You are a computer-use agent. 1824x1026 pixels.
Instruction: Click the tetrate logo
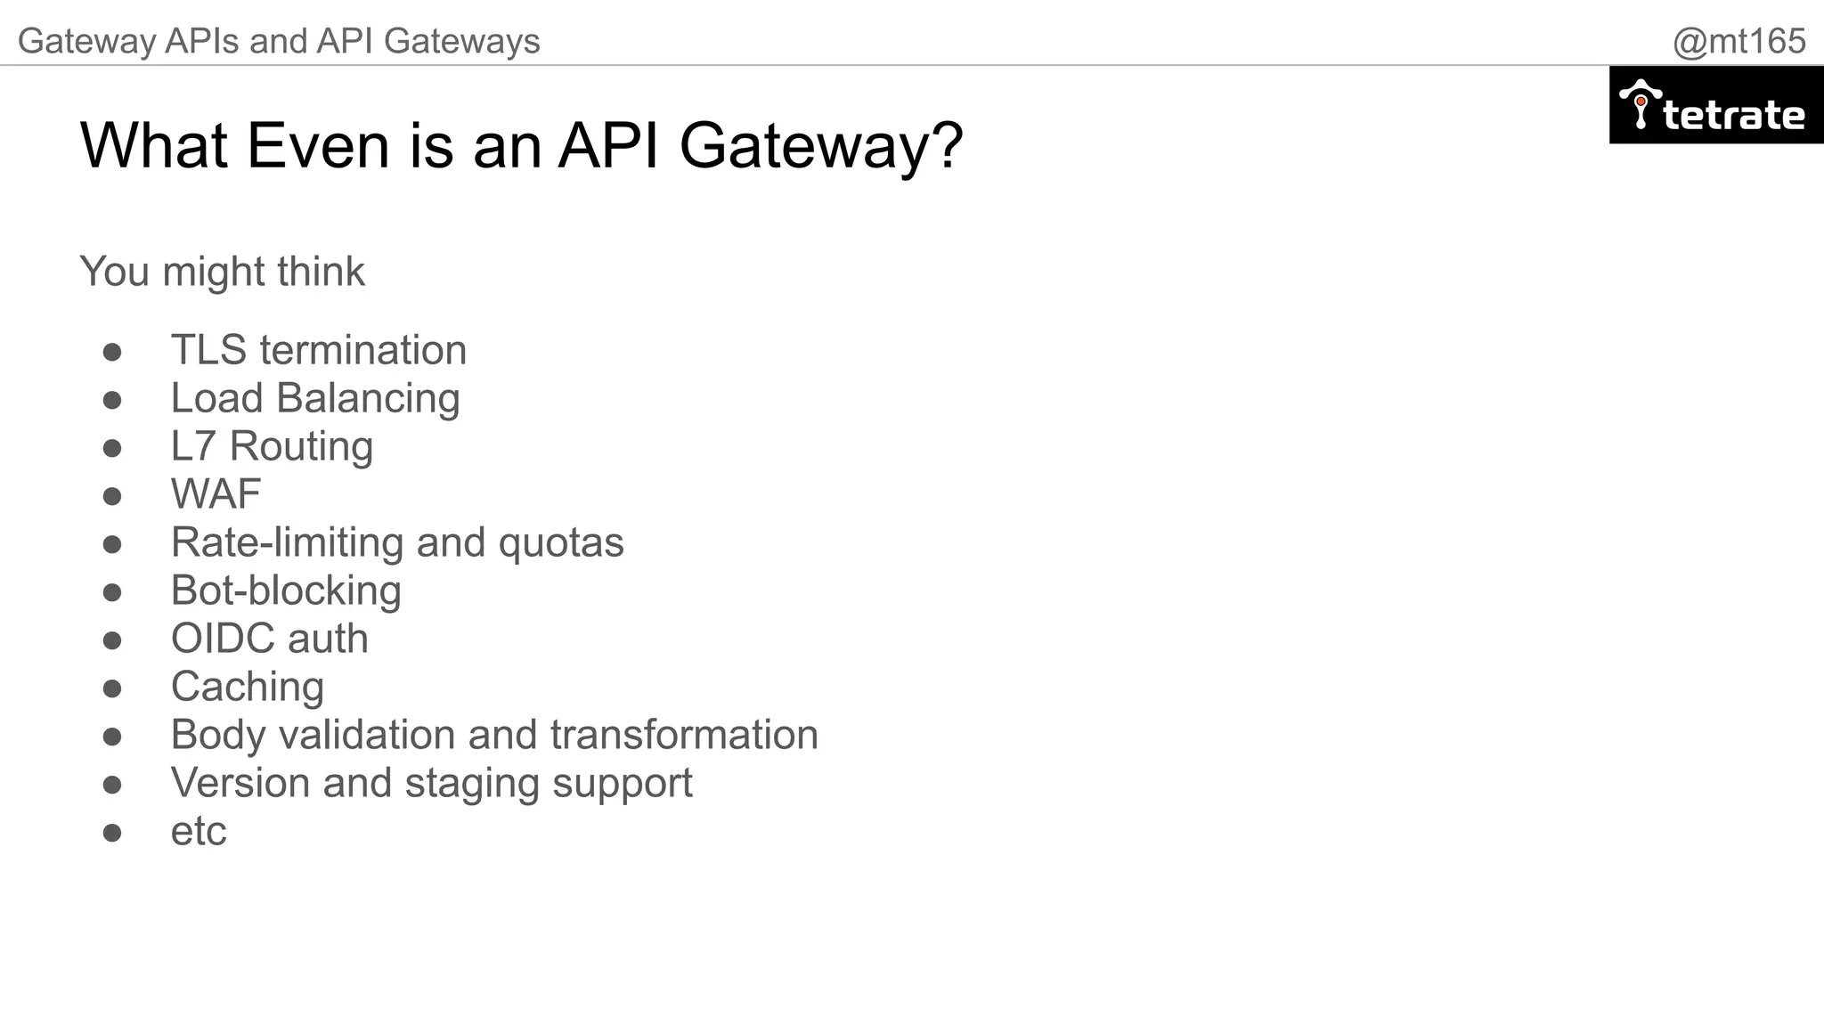[x=1715, y=106]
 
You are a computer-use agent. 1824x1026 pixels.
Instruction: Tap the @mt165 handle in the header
[x=1738, y=41]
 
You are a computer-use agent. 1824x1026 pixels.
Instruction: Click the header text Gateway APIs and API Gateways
[x=279, y=41]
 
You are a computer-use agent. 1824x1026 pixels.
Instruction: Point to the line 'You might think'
[x=222, y=272]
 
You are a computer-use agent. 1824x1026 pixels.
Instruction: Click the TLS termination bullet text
[x=318, y=350]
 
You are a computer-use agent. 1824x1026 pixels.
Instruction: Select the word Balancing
[x=368, y=398]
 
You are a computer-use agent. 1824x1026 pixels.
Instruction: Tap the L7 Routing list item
[x=272, y=446]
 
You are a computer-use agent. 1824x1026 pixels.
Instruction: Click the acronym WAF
[x=216, y=494]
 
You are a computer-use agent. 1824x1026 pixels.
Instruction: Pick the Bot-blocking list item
[x=286, y=590]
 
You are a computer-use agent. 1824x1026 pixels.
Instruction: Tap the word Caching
[x=248, y=687]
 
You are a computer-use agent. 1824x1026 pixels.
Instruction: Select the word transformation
[x=684, y=735]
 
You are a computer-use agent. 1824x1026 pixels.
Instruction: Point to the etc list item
[x=199, y=832]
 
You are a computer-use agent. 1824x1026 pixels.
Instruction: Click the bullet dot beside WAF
[x=112, y=496]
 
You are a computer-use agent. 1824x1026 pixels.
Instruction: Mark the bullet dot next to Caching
[x=112, y=688]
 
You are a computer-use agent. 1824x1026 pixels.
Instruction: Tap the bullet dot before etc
[x=112, y=833]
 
